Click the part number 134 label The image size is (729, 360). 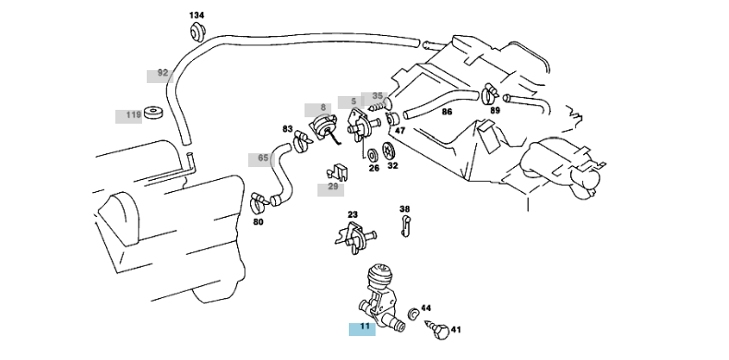(197, 16)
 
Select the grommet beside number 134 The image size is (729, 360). (197, 31)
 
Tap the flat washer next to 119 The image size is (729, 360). (153, 113)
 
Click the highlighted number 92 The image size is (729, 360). (162, 73)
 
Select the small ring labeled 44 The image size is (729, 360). (412, 314)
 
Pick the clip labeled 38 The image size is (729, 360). (405, 227)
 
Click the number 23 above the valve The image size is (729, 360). (353, 214)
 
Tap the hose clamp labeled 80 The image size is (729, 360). (259, 200)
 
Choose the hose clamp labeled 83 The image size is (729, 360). (302, 139)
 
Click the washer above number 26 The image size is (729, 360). (373, 155)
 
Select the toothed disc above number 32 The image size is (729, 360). (389, 150)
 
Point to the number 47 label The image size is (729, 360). (400, 131)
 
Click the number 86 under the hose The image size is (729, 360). (447, 112)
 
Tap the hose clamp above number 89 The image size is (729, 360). (490, 94)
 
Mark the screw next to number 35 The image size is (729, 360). (377, 107)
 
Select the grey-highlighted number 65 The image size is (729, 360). (263, 158)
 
